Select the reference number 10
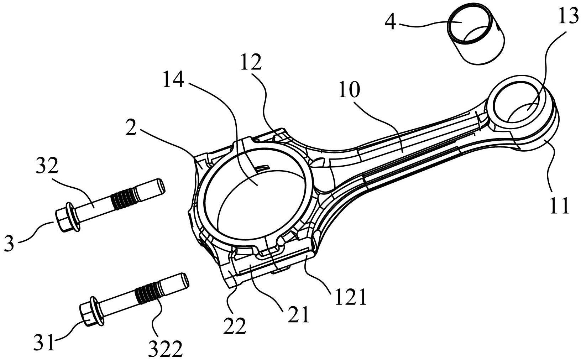349,89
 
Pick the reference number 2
131,127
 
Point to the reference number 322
166,349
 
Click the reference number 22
235,325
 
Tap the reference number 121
350,297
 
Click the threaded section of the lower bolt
147,293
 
